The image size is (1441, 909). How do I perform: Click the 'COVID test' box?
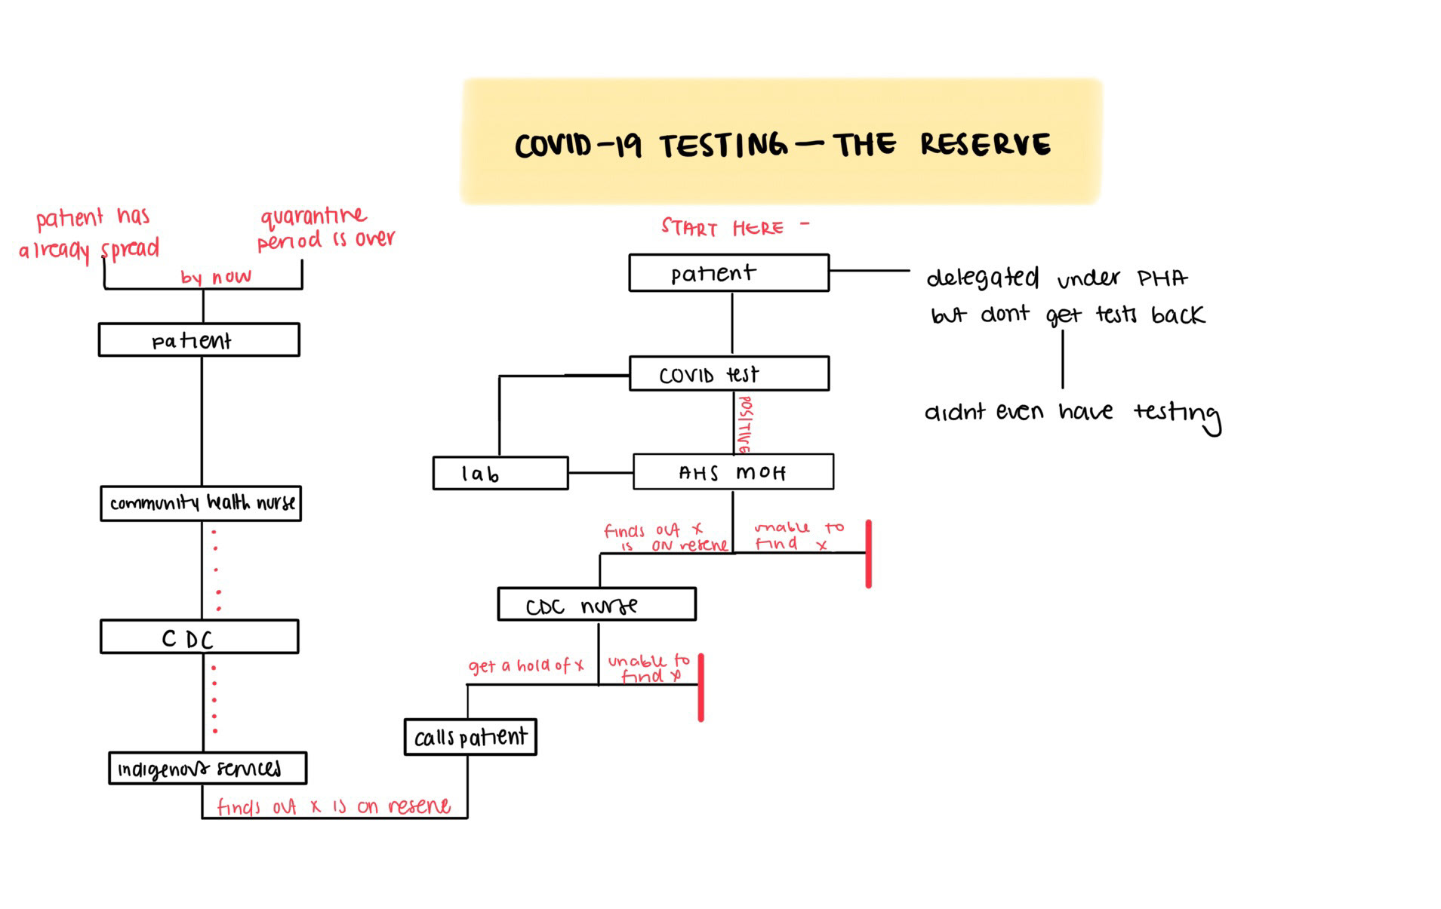728,373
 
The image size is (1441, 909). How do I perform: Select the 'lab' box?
500,473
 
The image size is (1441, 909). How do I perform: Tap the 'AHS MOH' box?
732,472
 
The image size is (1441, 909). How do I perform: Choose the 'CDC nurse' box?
596,604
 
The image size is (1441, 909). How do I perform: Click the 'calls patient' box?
470,737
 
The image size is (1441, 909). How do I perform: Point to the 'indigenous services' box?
207,768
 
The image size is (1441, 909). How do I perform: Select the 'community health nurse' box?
201,503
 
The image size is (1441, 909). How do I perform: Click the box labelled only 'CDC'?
199,637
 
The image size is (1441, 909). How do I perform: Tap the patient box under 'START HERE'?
728,272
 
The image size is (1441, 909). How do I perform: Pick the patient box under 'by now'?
199,340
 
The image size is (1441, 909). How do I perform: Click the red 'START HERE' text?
722,227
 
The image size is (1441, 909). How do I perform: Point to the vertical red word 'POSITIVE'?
744,425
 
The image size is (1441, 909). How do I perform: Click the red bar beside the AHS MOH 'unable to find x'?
868,554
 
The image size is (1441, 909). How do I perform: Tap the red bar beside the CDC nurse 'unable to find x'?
700,687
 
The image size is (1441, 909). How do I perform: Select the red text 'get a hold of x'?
525,666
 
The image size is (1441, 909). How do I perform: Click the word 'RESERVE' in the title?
984,144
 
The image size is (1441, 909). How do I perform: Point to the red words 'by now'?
215,277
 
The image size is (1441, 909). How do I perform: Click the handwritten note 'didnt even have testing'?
1071,413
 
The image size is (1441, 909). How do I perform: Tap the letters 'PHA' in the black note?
1162,278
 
